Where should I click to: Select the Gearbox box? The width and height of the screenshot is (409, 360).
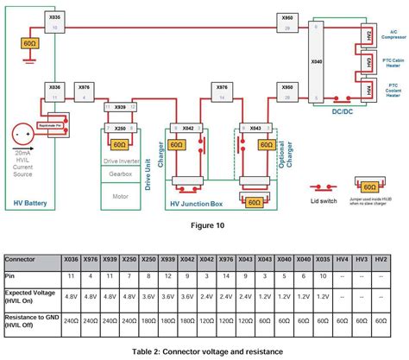[x=123, y=172]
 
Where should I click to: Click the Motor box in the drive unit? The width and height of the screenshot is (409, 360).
[x=123, y=195]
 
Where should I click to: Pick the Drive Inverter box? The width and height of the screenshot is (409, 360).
[x=123, y=160]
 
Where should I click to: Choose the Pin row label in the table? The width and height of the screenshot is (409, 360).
[x=12, y=275]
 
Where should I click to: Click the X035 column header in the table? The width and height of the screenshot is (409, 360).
[x=322, y=259]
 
